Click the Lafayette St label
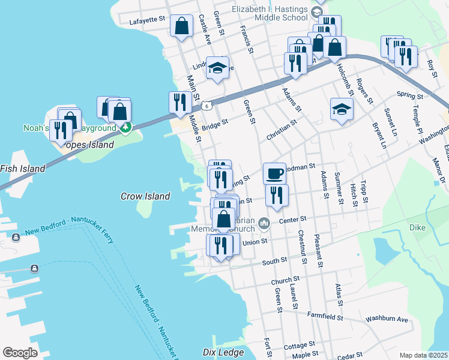coord(147,20)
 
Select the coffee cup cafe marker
coord(274,173)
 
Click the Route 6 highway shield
coord(206,106)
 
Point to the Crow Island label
coord(145,196)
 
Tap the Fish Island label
coord(22,169)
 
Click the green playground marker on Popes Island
coord(125,127)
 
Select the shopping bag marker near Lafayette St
coord(181,26)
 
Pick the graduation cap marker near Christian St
coord(342,109)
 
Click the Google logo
coord(20,353)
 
